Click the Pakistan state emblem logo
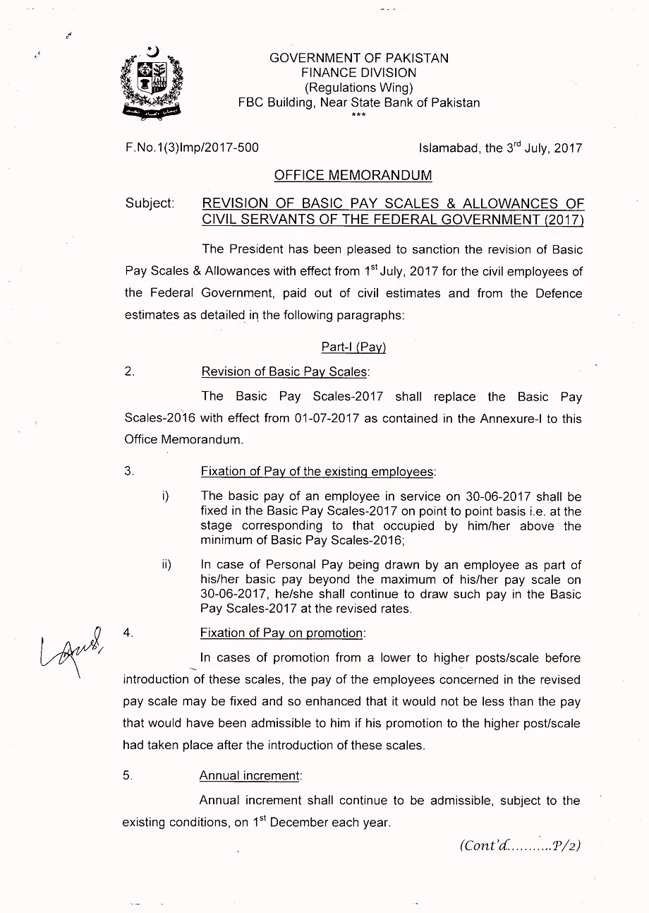pos(152,83)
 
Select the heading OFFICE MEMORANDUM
pos(353,175)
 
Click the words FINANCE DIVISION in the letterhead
pos(358,73)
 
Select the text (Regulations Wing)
pos(358,88)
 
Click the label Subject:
pos(150,203)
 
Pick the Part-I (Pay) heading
pos(353,347)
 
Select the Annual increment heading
pos(250,775)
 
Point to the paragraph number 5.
pos(128,775)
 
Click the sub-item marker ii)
pos(166,565)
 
